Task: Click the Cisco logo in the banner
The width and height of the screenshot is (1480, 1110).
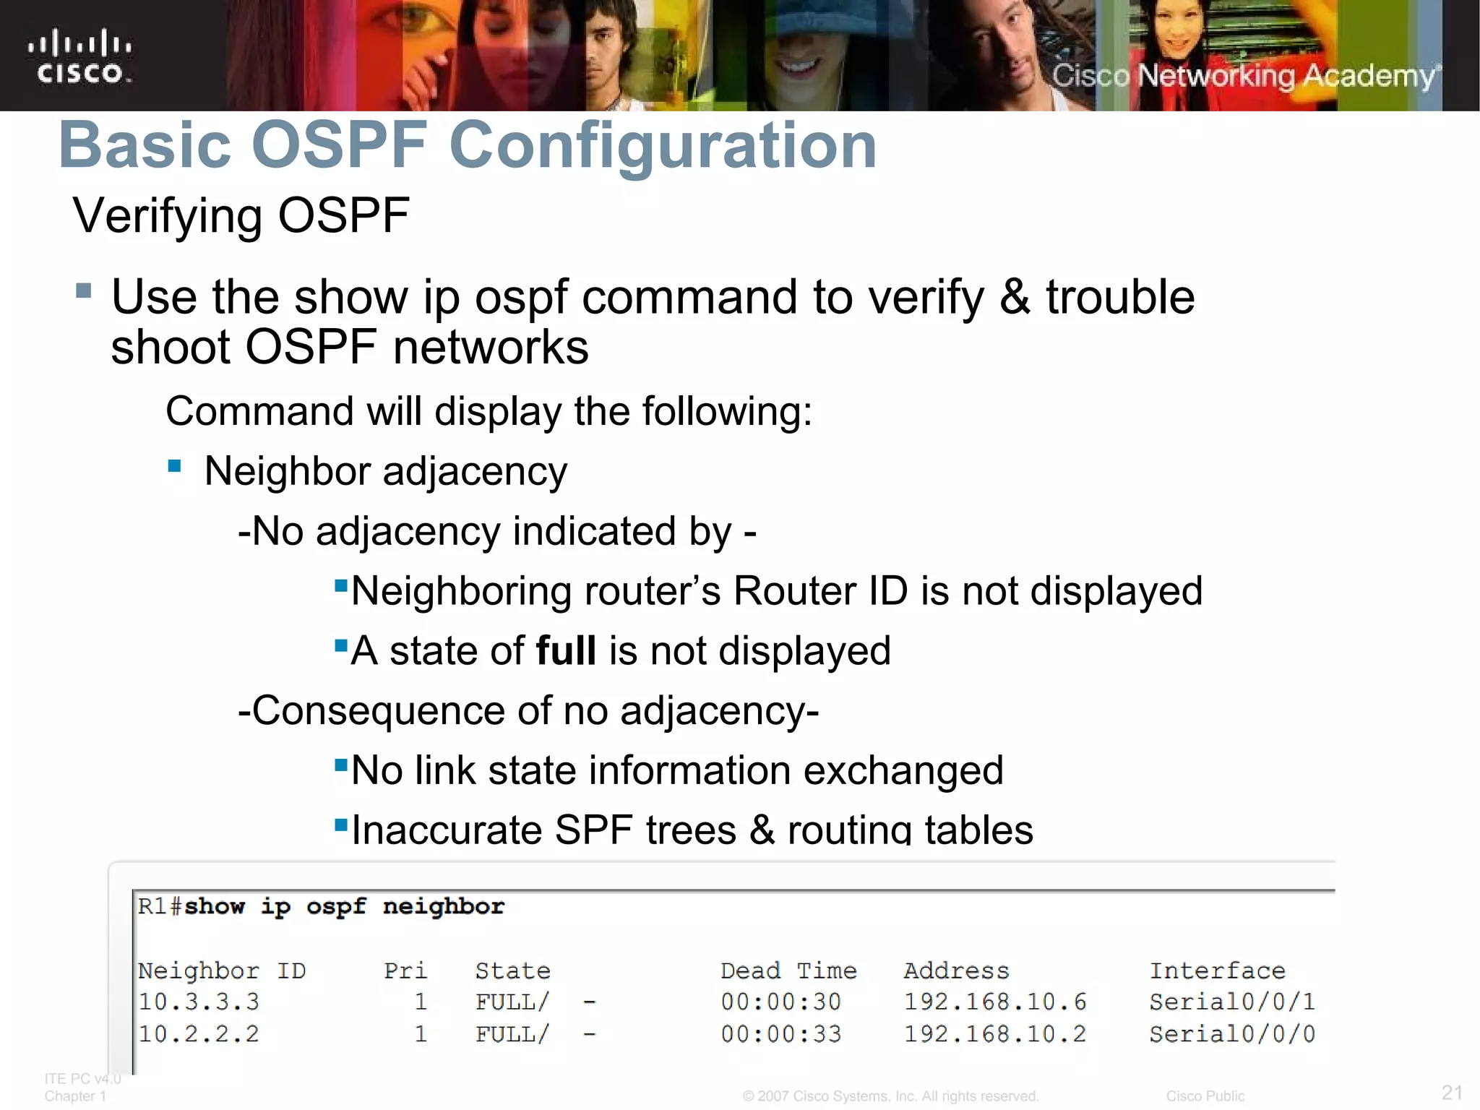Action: tap(79, 56)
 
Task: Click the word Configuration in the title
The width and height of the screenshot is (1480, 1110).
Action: tap(663, 146)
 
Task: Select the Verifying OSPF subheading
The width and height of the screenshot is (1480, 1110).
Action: tap(241, 215)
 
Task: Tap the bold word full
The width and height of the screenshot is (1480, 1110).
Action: tap(566, 650)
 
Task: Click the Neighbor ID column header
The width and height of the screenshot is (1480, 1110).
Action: tap(222, 971)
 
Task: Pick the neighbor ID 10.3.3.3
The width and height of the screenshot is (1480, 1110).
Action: tap(199, 1002)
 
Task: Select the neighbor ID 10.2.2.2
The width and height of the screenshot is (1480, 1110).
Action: tap(199, 1034)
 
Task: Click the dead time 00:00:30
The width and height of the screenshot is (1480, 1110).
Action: tap(780, 1002)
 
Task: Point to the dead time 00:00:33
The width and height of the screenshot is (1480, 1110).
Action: tap(780, 1034)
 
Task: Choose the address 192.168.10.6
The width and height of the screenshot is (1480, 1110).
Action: tap(995, 1002)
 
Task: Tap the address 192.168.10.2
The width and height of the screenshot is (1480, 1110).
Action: tap(995, 1034)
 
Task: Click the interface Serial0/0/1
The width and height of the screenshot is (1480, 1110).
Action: tap(1232, 1002)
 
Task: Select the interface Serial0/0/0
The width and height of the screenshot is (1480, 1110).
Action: tap(1232, 1034)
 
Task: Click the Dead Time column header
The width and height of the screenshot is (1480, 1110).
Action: tap(788, 971)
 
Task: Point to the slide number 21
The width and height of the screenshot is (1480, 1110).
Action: tap(1452, 1092)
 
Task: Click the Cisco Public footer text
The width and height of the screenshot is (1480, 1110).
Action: tap(1205, 1096)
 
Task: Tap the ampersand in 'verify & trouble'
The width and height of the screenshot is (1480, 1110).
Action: tap(1015, 298)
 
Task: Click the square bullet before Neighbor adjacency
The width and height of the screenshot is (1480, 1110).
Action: tap(174, 466)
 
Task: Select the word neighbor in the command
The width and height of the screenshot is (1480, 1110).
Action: tap(443, 906)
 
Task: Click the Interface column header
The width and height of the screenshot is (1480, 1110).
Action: tap(1218, 971)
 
